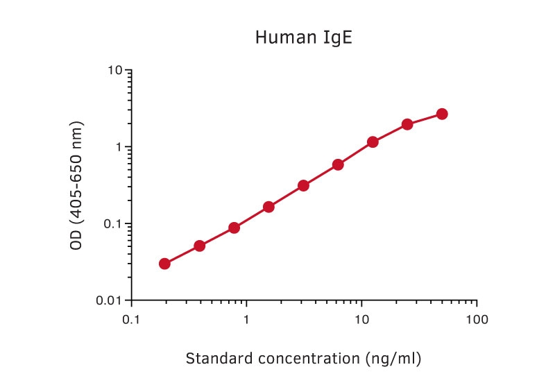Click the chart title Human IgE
[x=304, y=37]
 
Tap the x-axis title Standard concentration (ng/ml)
[x=304, y=359]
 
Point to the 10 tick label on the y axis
[x=115, y=70]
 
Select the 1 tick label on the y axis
[x=119, y=147]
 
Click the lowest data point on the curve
[x=164, y=264]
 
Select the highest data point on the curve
[x=442, y=114]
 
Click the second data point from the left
[x=199, y=246]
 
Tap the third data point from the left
[x=234, y=228]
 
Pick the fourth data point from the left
[x=268, y=207]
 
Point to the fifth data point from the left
[x=303, y=185]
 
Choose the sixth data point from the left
[x=338, y=164]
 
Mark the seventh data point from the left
[x=373, y=142]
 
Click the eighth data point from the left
[x=407, y=124]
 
